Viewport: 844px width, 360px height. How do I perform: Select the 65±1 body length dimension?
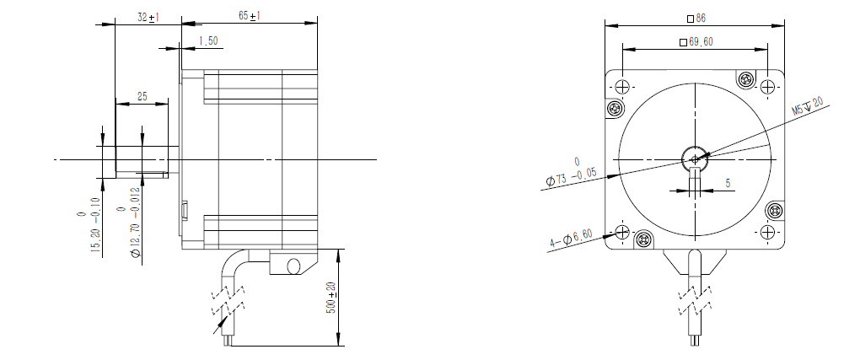[250, 16]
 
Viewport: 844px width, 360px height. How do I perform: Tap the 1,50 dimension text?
[207, 41]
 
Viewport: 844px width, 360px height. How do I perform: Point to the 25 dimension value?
[142, 97]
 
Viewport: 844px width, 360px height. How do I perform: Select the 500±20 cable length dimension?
[331, 298]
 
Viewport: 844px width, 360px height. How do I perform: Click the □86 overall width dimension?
[696, 19]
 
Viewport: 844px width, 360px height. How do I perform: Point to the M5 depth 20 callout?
[808, 106]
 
